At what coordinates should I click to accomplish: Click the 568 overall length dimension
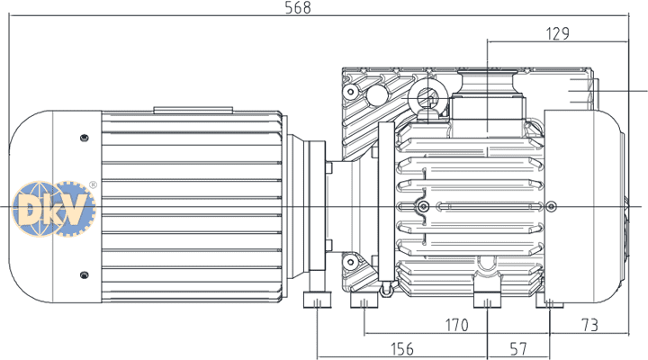298,7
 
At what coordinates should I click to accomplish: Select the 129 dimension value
557,33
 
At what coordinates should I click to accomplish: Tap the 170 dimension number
456,325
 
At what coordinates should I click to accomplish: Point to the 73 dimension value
589,325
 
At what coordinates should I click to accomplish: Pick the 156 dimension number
401,349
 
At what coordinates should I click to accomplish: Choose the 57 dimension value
518,349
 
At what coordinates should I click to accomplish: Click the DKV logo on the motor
54,209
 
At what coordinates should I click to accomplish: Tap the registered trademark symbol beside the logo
93,184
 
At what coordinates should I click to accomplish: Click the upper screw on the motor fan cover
85,138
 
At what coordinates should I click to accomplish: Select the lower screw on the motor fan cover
85,274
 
